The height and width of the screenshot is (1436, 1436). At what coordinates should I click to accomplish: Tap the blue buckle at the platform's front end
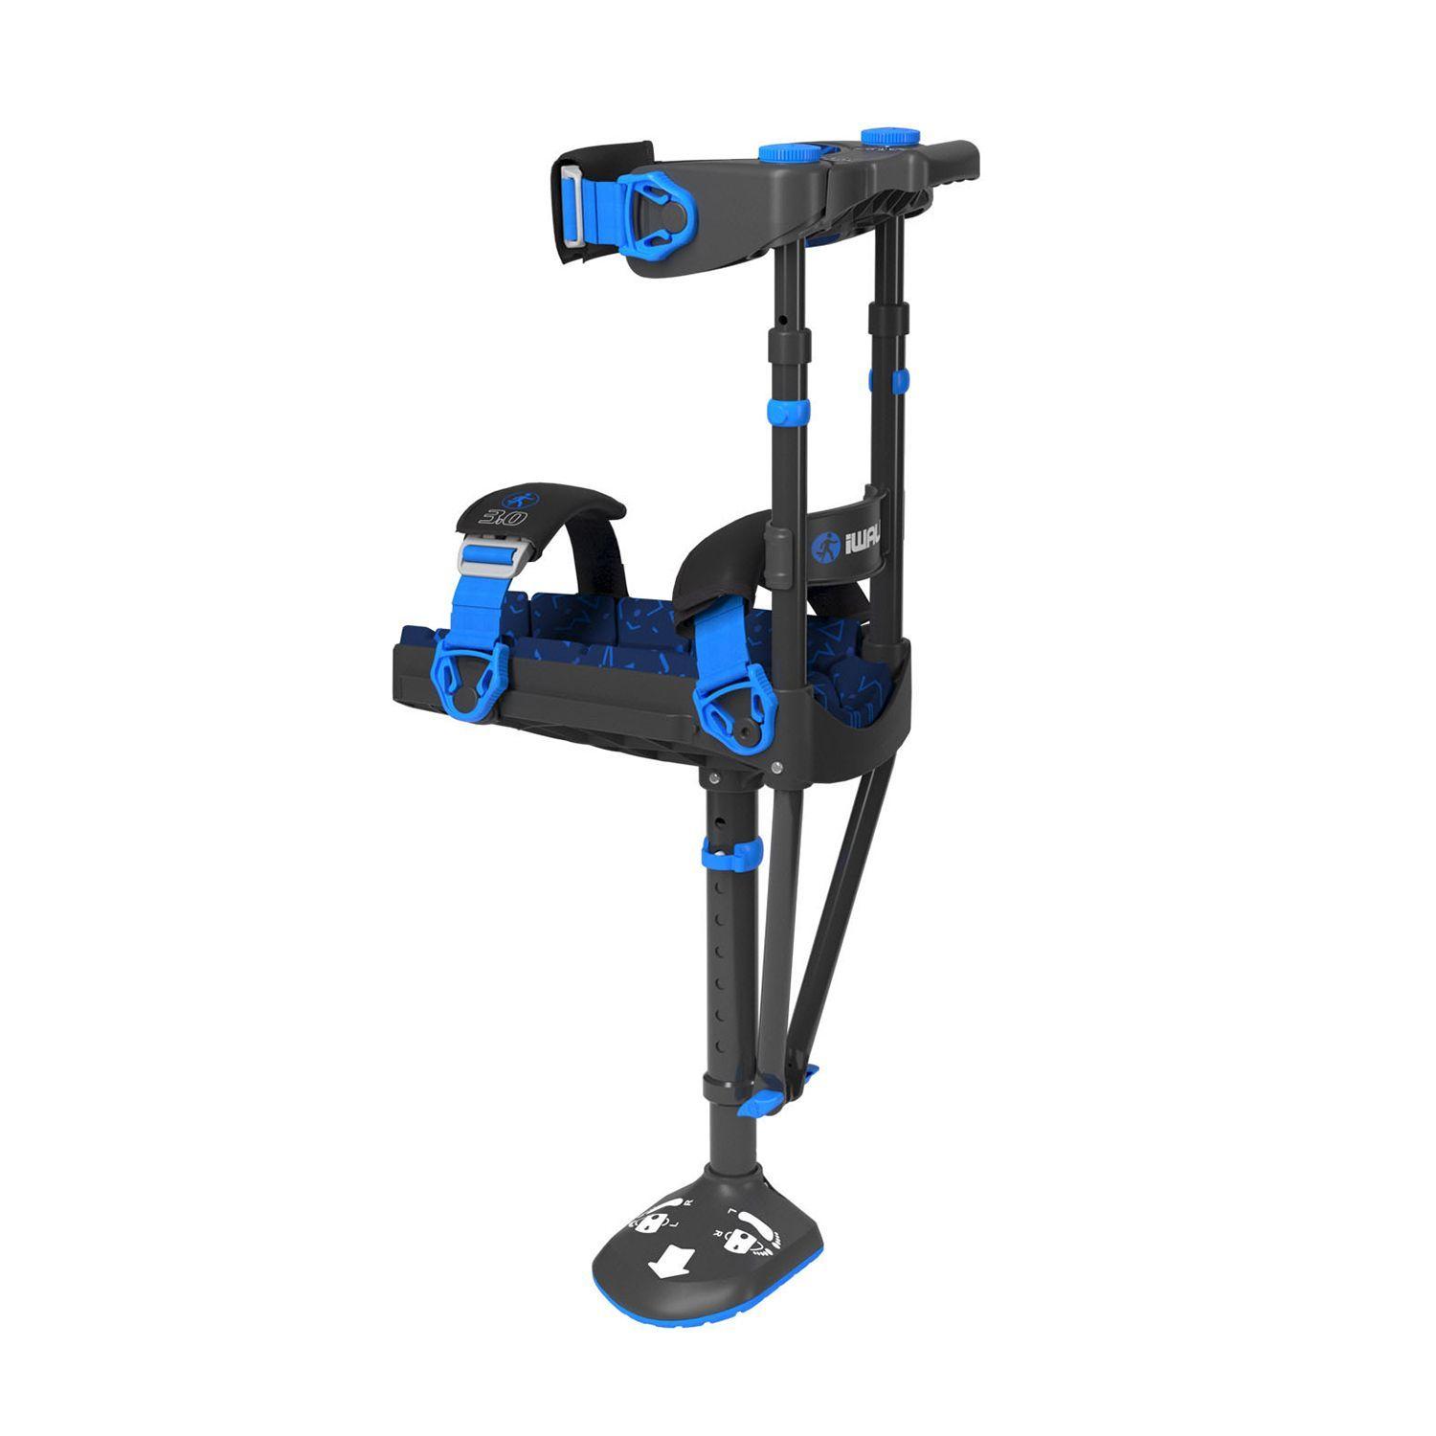[x=469, y=676]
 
